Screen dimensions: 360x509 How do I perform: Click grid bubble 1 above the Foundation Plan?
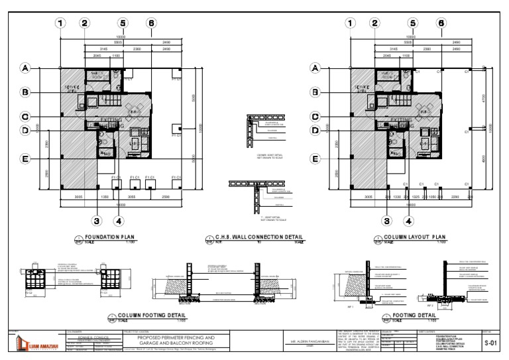coord(62,23)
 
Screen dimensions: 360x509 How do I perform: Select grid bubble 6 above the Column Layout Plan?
coord(441,23)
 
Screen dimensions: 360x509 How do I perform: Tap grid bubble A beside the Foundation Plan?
coord(27,68)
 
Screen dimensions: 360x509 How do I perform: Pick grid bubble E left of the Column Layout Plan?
coord(317,159)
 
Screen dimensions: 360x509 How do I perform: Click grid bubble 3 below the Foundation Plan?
coord(97,221)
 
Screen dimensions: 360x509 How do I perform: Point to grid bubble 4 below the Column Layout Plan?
coord(409,221)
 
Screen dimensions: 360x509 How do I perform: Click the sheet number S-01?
coord(491,343)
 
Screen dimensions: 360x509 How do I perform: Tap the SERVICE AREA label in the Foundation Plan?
coord(73,89)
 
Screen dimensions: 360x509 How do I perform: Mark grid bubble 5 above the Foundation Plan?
coord(123,23)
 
